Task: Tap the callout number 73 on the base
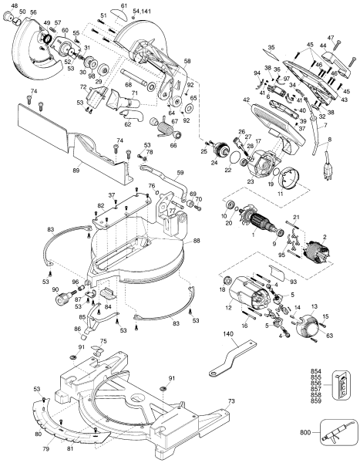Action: click(x=231, y=403)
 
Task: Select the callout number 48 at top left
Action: click(x=12, y=5)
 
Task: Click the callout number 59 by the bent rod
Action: click(x=180, y=173)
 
